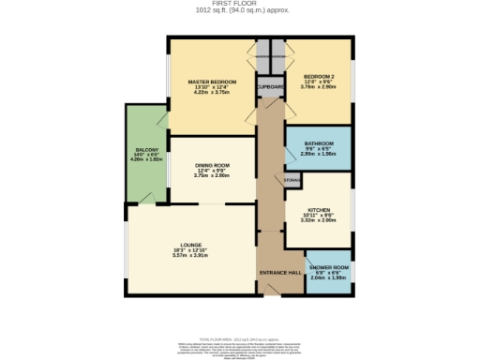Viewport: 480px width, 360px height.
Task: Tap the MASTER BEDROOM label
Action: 211,82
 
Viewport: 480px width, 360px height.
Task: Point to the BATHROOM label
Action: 319,142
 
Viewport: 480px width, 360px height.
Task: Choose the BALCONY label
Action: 146,150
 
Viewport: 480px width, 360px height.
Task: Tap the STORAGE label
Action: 292,179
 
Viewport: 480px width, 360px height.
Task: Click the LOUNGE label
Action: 191,245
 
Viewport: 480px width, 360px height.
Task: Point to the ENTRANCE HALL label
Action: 280,272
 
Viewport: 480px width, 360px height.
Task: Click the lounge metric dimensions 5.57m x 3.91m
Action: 191,256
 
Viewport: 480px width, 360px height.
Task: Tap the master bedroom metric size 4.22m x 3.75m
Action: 211,93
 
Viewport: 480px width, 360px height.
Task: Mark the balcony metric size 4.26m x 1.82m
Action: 146,160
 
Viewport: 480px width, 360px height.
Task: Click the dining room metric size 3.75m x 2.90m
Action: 212,175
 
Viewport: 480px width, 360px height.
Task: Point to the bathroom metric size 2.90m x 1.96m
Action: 319,154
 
